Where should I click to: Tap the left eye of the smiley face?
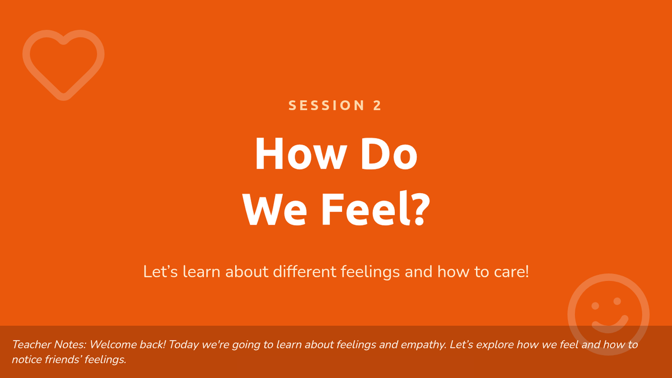tap(595, 306)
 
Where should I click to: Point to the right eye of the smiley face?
tap(617, 301)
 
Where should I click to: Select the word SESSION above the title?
tap(326, 105)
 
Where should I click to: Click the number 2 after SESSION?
tap(377, 105)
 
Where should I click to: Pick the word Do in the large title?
tap(389, 153)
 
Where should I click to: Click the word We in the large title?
tap(274, 209)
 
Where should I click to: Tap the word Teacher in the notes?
tap(31, 344)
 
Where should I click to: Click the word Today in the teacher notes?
tap(184, 345)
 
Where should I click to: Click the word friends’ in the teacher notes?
tap(63, 360)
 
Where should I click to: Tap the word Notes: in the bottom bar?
tap(70, 344)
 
